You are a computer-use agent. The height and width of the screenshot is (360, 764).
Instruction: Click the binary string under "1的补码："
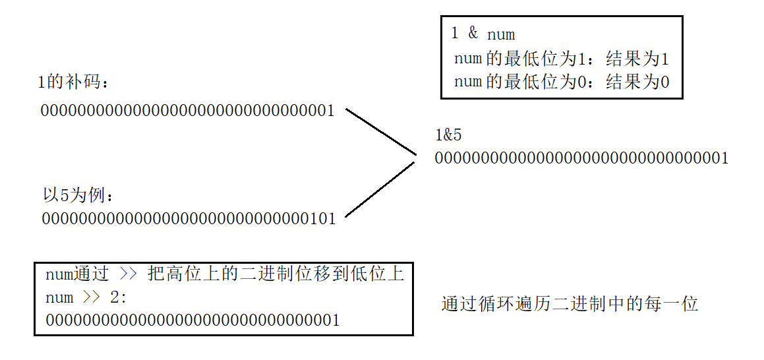(x=188, y=110)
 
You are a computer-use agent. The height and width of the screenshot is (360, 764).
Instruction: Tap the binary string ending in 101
(x=189, y=218)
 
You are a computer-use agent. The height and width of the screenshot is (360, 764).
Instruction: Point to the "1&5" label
(x=448, y=136)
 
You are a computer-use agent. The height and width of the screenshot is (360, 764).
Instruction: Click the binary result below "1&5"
(x=581, y=158)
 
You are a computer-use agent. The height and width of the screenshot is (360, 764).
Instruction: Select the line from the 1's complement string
(x=381, y=132)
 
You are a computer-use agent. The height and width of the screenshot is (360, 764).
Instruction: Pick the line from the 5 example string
(x=380, y=189)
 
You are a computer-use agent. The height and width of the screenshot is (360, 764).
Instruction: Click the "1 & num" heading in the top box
(x=483, y=34)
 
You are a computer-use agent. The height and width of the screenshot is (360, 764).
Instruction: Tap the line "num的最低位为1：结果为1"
(x=562, y=59)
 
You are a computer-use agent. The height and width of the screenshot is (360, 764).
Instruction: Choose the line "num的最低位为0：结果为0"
(x=562, y=82)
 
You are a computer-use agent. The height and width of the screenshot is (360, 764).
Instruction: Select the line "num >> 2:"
(x=86, y=297)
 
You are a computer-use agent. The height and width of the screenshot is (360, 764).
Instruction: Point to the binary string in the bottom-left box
(x=193, y=320)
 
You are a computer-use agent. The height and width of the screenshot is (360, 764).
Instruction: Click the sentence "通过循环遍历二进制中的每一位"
(x=570, y=304)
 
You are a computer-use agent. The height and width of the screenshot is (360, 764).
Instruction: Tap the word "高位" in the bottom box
(x=183, y=274)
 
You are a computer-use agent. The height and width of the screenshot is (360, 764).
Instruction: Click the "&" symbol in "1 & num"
(x=473, y=34)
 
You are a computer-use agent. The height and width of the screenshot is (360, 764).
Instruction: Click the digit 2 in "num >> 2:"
(x=115, y=297)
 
